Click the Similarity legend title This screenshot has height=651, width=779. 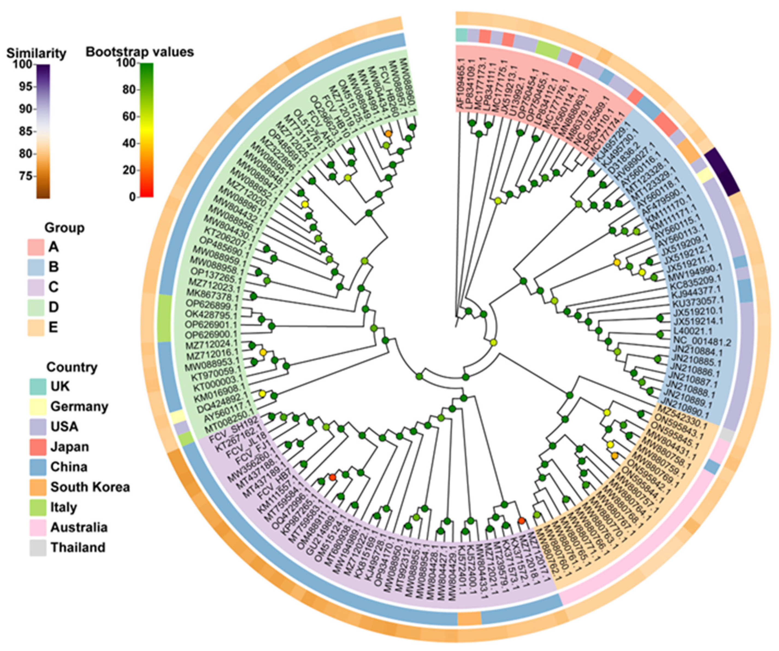(36, 54)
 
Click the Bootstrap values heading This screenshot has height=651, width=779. (140, 52)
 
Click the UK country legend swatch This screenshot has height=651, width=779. (38, 387)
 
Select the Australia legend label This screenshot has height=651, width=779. (79, 527)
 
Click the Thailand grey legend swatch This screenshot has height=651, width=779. (38, 547)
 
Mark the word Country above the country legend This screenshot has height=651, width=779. (72, 367)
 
